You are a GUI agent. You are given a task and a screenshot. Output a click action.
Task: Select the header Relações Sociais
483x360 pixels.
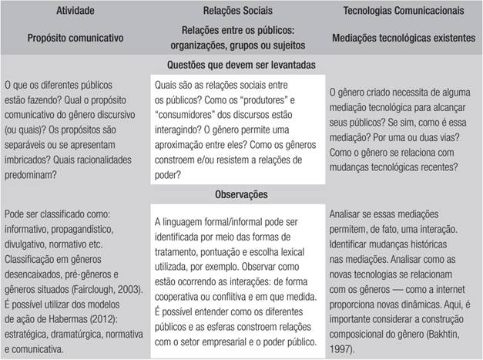[x=242, y=12]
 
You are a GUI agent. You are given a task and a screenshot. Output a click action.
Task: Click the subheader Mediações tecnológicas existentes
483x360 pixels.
[x=405, y=36]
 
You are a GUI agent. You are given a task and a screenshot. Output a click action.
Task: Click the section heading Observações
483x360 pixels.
[x=242, y=196]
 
